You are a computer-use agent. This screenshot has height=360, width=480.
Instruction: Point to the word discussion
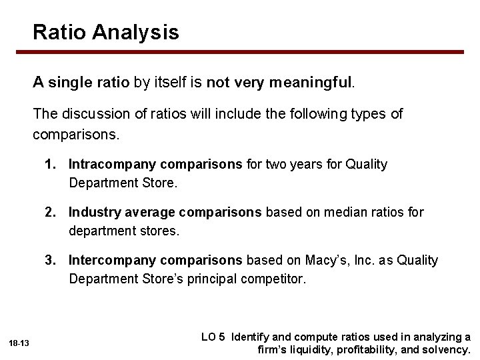click(91, 114)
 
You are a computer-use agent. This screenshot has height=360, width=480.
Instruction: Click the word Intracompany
click(109, 164)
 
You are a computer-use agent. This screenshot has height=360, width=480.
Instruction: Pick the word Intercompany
click(109, 260)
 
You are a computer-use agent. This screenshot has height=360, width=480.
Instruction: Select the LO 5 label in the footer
click(213, 337)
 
